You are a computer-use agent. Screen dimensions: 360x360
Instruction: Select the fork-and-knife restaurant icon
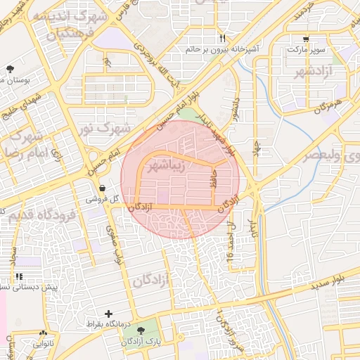(223, 38)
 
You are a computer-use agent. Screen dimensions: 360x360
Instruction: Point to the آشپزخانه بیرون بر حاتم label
(223, 50)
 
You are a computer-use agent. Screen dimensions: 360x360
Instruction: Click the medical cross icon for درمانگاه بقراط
(108, 314)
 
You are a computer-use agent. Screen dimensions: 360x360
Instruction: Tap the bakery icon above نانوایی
(44, 333)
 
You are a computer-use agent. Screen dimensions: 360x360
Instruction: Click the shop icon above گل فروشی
(103, 188)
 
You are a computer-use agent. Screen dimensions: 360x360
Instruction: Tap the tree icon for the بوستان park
(10, 68)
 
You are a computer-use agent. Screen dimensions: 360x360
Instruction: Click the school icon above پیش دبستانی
(19, 277)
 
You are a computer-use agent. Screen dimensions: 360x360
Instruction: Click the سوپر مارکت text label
(305, 51)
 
